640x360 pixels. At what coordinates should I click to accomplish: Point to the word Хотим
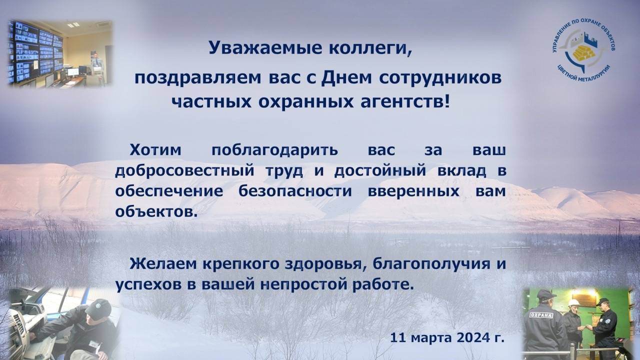(155, 150)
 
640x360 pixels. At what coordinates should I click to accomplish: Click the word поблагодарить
(275, 150)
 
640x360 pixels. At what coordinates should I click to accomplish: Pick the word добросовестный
(184, 171)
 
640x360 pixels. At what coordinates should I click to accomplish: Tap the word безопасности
(295, 191)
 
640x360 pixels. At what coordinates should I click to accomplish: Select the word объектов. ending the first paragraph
(156, 212)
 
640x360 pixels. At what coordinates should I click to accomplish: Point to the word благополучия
(431, 264)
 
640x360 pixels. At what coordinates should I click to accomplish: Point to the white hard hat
(573, 303)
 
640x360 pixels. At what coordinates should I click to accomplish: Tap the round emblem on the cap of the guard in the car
(97, 305)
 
